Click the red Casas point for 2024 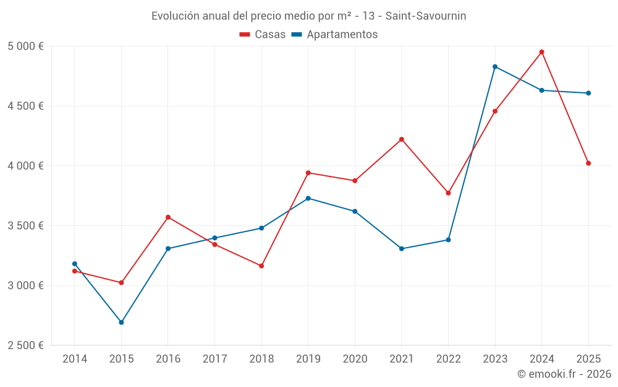coord(541,52)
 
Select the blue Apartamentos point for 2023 coord(495,66)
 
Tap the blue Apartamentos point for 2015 coord(121,323)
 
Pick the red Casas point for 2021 coord(402,139)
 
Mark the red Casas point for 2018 coord(261,266)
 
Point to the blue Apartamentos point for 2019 coord(308,198)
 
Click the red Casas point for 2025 coord(588,163)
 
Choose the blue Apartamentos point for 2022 coord(448,240)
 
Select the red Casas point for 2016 coord(168,217)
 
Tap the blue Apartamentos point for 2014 coord(75,264)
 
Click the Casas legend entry coord(263,35)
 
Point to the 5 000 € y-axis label coord(25,46)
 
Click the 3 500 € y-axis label coord(25,226)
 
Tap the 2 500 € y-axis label coord(25,346)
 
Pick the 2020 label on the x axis coord(355,359)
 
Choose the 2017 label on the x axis coord(214,359)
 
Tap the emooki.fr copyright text coord(564,374)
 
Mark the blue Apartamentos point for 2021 coord(402,249)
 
